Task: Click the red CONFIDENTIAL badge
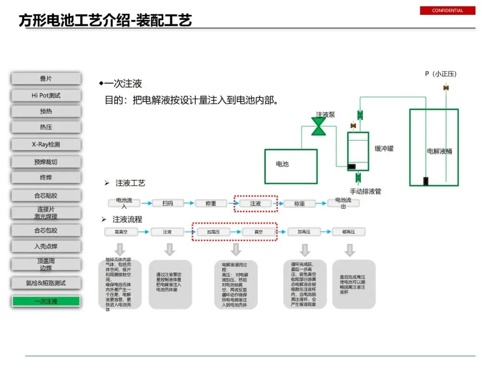447,11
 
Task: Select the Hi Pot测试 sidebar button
46,96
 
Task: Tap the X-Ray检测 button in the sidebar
46,144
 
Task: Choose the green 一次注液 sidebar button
46,301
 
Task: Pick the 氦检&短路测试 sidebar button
46,283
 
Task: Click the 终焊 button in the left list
46,177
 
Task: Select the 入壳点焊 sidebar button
46,246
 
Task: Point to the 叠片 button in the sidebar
46,79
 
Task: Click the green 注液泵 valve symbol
319,126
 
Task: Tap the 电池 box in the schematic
290,166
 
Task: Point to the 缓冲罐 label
384,149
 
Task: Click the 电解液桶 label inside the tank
439,151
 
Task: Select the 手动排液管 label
366,191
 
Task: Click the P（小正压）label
441,74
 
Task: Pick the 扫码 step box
167,203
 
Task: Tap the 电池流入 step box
124,203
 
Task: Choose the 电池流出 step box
344,203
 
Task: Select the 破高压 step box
348,232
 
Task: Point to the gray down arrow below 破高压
349,250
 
